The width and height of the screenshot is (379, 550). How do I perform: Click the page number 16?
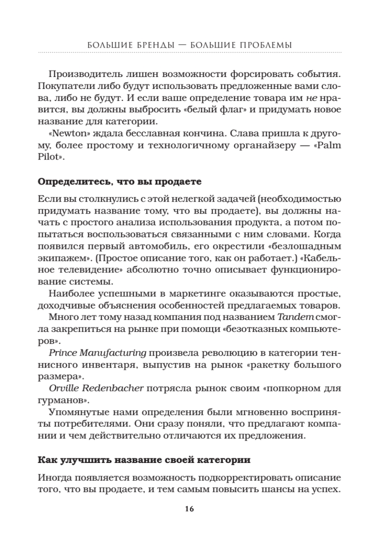click(x=189, y=509)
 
